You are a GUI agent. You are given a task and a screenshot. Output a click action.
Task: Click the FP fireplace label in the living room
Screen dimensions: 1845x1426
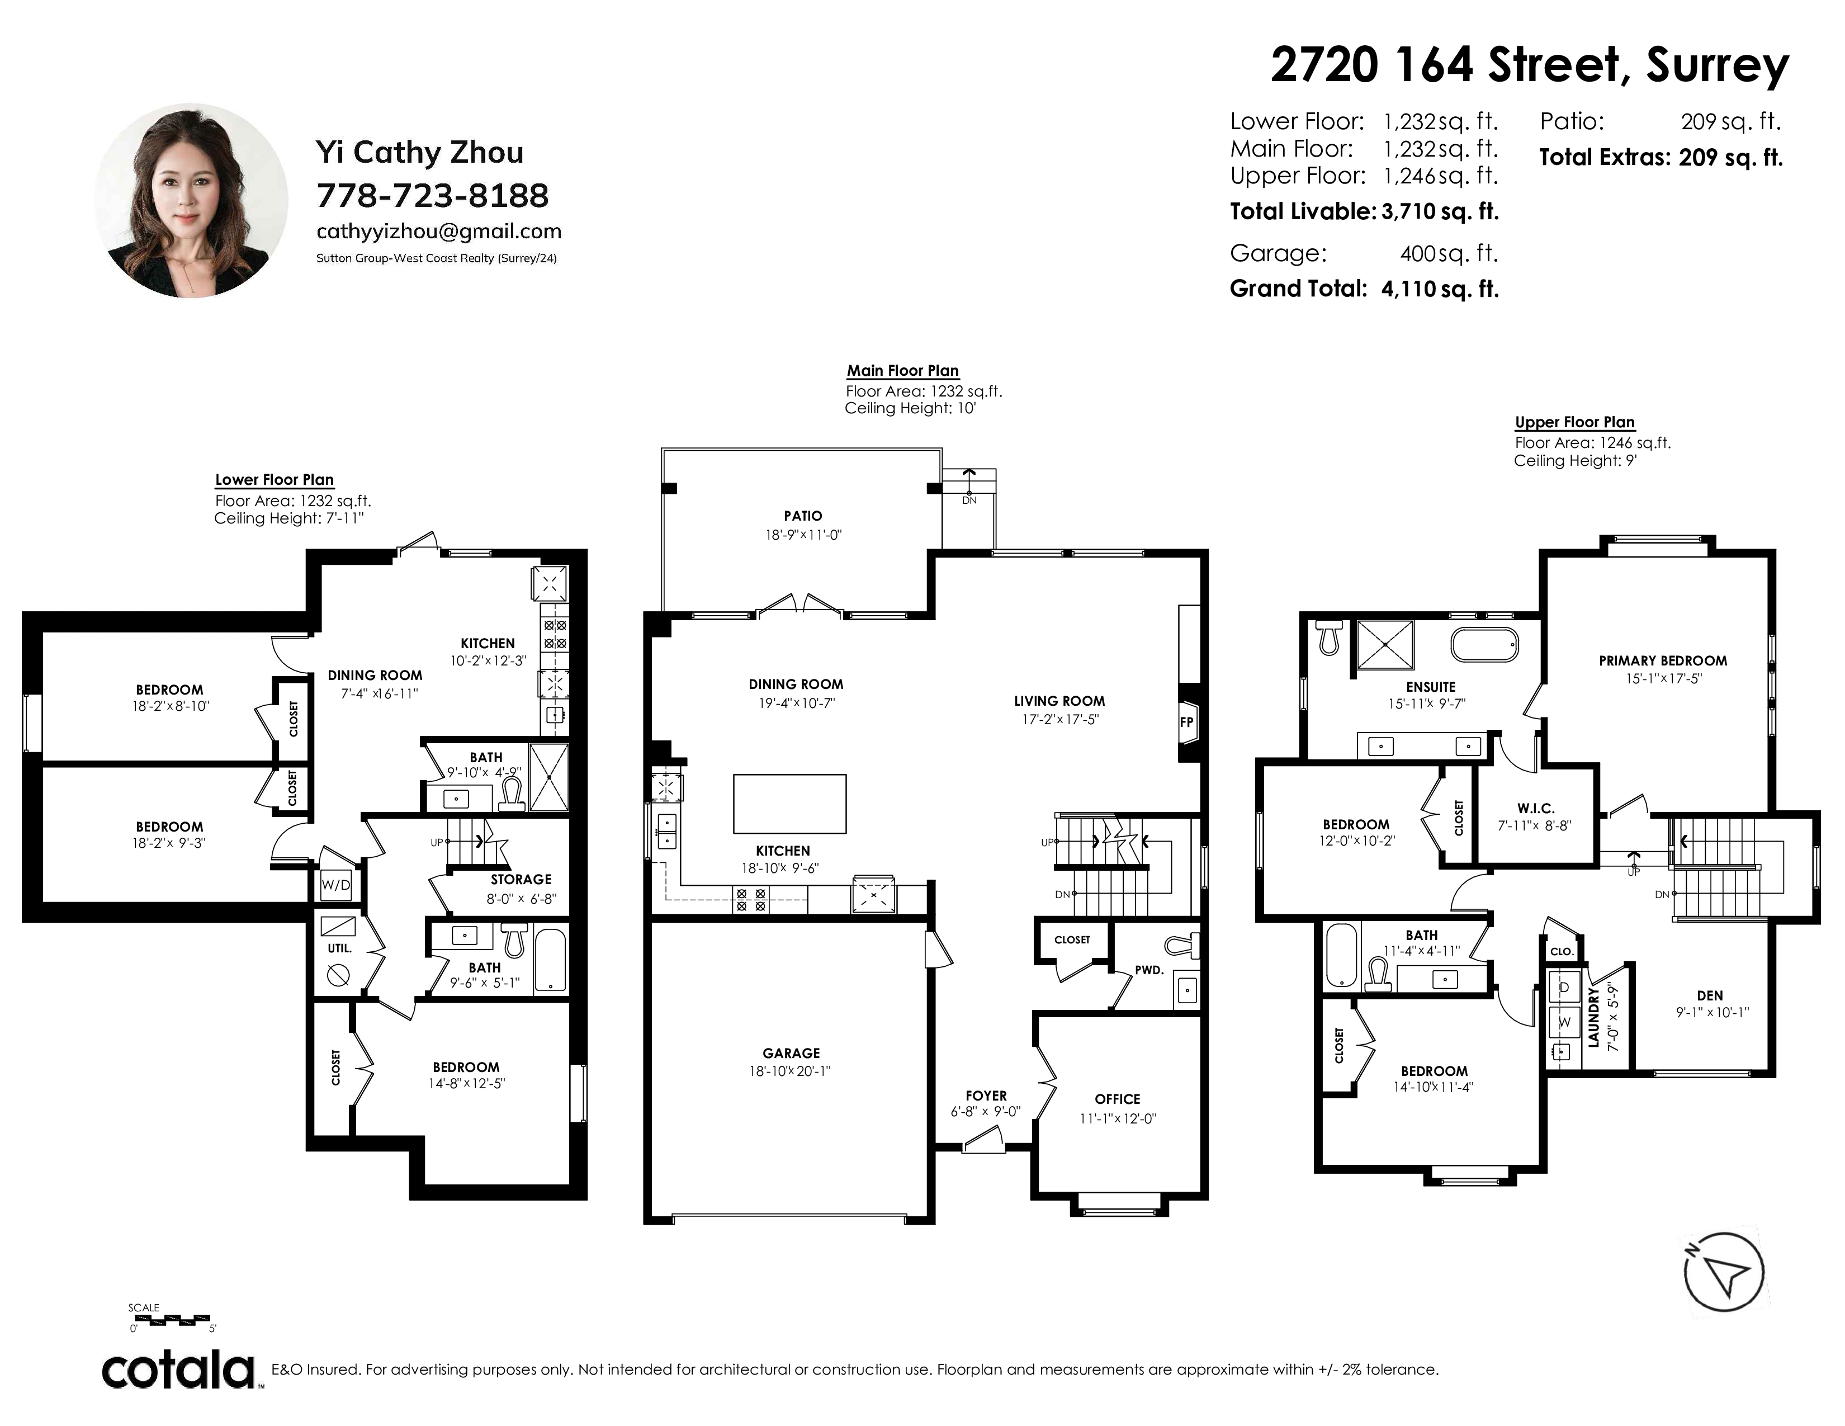[1186, 723]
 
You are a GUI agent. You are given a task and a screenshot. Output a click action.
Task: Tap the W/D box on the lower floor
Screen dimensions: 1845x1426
[335, 885]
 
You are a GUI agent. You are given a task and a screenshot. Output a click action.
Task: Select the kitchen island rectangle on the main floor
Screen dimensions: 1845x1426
[789, 804]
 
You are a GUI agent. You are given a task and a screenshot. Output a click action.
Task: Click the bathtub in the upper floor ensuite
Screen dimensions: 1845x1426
[1484, 645]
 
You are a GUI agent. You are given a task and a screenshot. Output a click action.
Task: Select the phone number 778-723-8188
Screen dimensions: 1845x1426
[433, 196]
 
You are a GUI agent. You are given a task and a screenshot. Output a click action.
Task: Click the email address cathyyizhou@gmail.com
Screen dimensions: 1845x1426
[438, 232]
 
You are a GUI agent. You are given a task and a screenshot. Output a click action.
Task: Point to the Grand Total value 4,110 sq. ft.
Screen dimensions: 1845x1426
[1440, 289]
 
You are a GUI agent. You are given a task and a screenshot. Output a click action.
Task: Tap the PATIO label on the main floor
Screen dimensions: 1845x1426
[802, 516]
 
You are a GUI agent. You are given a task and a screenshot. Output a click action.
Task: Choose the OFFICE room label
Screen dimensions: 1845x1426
[1118, 1099]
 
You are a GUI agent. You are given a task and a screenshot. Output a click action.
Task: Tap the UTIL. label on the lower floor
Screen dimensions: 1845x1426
[339, 948]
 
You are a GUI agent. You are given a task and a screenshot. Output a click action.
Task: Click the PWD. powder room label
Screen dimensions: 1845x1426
[1149, 970]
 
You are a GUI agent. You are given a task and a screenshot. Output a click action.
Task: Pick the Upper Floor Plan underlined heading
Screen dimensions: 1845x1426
[1574, 422]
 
